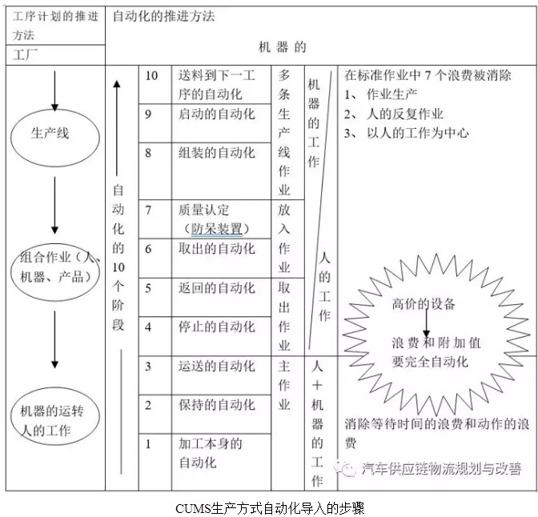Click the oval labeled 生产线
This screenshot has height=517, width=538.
point(55,138)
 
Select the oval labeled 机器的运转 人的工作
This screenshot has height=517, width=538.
point(55,416)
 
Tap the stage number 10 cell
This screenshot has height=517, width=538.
point(155,84)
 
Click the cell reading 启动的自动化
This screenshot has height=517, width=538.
point(221,123)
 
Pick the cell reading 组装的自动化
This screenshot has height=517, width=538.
point(221,171)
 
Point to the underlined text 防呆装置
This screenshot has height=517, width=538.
point(217,229)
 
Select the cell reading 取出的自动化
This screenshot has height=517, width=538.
point(221,258)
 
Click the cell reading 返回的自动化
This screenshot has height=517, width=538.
point(221,297)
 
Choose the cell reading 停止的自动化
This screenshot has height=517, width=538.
point(221,336)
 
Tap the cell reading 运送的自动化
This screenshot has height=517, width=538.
point(221,375)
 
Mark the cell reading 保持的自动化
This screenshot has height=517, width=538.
point(221,415)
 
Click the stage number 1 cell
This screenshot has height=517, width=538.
point(155,462)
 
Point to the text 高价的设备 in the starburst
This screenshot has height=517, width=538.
point(424,304)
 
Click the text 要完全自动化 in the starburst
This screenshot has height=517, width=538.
point(430,362)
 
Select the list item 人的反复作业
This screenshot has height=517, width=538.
point(405,114)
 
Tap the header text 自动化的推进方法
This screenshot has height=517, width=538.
point(163,16)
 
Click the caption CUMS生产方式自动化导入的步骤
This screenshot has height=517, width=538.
point(270,508)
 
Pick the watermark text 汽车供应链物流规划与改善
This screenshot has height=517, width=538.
point(442,468)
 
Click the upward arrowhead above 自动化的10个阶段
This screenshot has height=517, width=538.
point(117,84)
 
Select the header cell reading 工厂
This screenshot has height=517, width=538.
point(55,55)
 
